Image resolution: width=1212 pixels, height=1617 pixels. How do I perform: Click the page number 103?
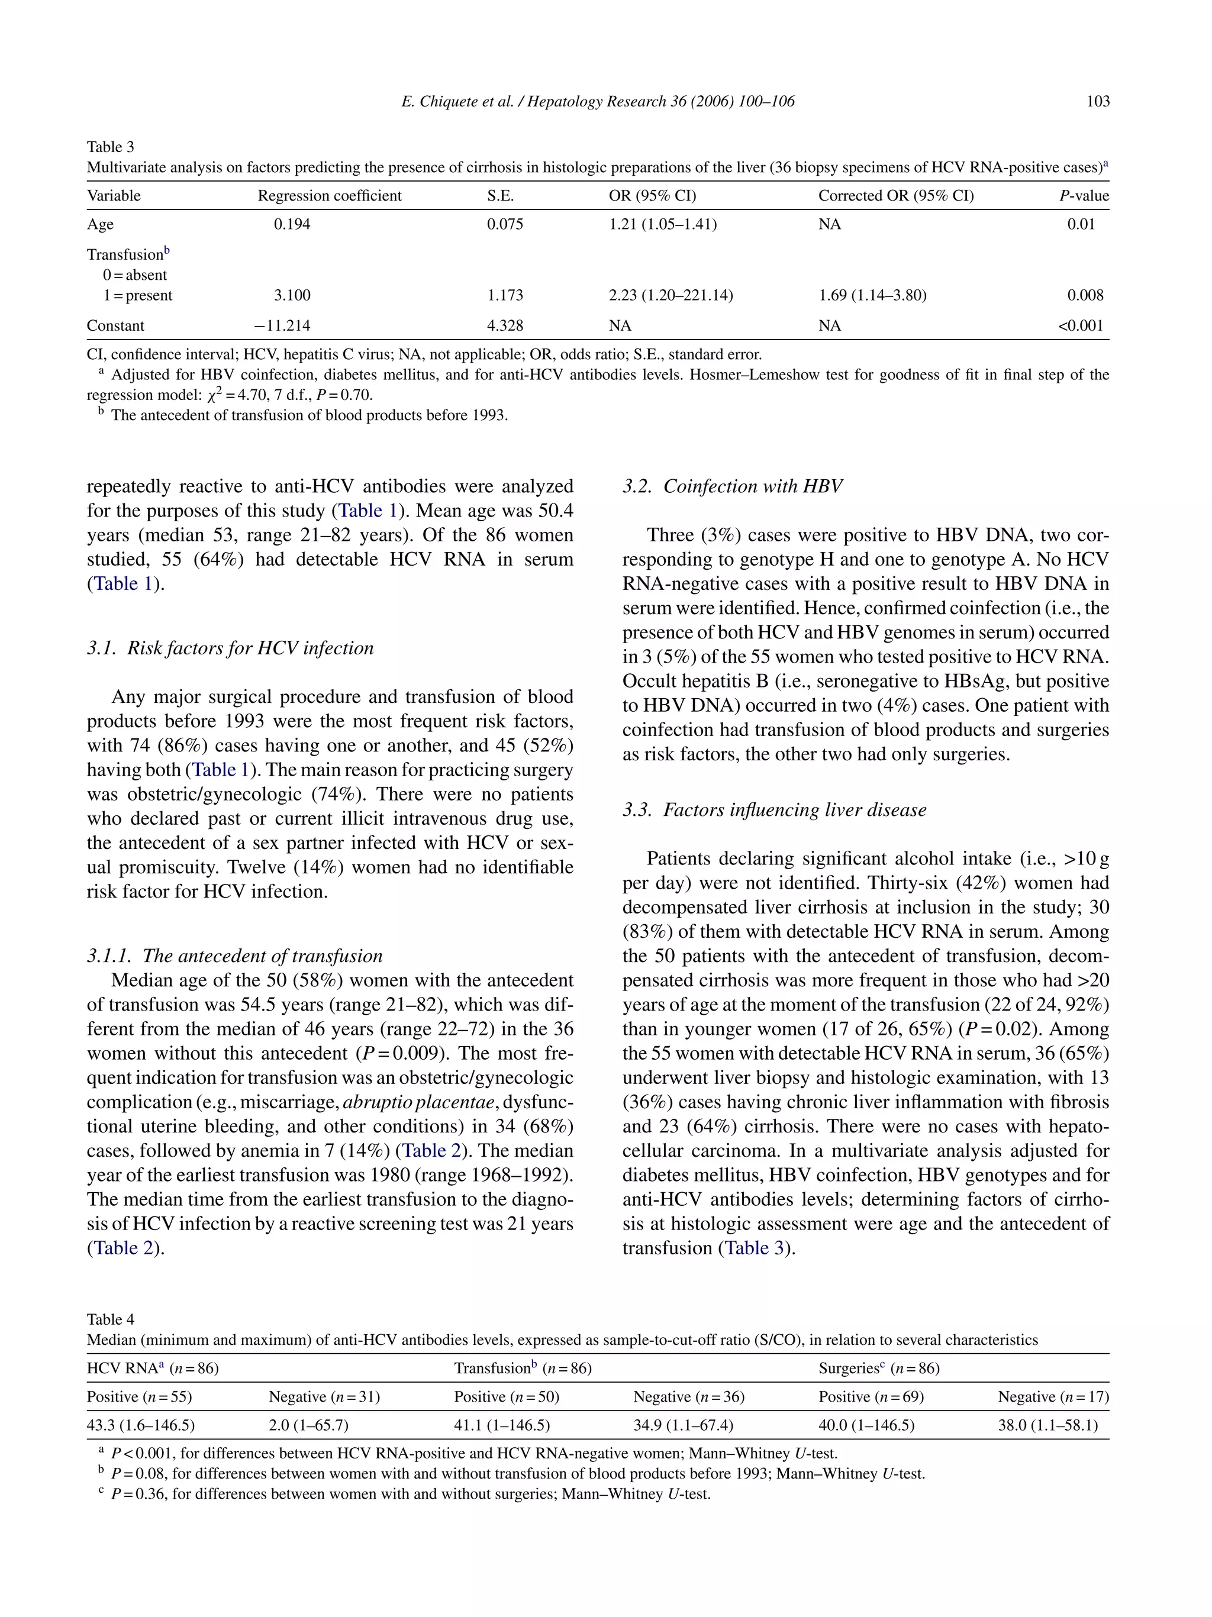pos(1097,102)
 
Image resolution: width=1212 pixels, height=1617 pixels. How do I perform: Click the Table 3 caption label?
pos(111,147)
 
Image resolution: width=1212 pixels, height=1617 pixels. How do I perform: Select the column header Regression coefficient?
pos(330,196)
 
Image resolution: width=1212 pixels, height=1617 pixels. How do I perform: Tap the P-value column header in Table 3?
pos(1084,196)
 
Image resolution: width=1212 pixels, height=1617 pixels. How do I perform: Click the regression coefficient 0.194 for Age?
pos(292,224)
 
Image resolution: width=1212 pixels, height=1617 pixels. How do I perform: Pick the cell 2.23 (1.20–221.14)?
pos(671,295)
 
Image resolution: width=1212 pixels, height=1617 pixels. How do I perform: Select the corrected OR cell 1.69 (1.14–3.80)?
pos(872,295)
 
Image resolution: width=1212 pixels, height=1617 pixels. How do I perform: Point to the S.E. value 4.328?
pos(505,326)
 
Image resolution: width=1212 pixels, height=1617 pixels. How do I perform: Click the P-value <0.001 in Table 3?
pos(1081,326)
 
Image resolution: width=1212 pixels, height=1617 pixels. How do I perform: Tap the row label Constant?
pos(115,326)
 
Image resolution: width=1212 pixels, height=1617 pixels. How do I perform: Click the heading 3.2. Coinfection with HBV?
pos(733,487)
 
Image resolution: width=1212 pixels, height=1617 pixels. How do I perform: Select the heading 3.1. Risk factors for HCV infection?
pos(230,648)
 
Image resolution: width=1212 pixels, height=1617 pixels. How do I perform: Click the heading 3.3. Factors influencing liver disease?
pos(774,810)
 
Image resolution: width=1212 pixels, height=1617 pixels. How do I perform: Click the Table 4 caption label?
pos(111,1319)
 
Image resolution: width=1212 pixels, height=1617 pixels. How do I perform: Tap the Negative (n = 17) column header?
pos(1053,1397)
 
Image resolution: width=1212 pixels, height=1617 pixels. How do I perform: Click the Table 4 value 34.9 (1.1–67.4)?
pos(683,1425)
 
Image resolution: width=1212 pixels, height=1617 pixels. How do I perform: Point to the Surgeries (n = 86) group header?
pos(879,1369)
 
